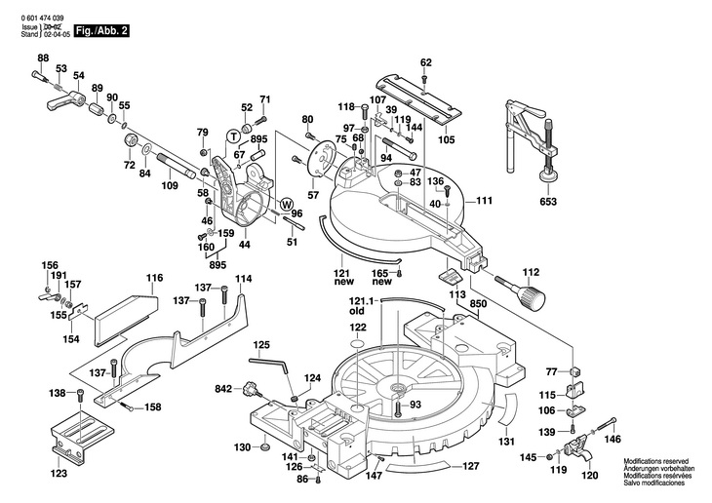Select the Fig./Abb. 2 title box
tap(104, 31)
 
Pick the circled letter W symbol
tap(287, 204)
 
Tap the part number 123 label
tap(58, 474)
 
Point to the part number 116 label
tap(154, 278)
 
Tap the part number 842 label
tap(223, 389)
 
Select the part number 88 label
tap(43, 59)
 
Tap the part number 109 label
tap(169, 185)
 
